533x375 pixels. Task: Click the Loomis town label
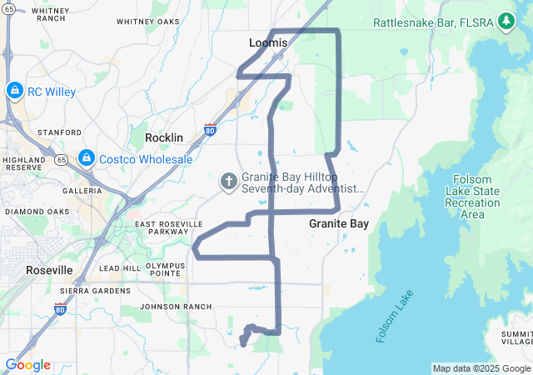click(x=268, y=42)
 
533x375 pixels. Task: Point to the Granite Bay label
click(x=339, y=223)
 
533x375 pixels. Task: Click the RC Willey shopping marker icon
click(x=14, y=90)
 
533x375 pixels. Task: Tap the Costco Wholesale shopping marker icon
click(x=87, y=157)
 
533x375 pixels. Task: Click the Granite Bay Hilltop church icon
click(x=228, y=181)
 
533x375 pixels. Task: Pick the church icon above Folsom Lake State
click(x=463, y=181)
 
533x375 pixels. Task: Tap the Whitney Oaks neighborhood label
click(x=148, y=22)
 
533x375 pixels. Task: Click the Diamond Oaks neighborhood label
click(x=37, y=212)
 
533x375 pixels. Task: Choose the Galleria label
click(x=82, y=190)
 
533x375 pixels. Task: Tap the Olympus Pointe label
click(x=164, y=268)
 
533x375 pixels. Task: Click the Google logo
click(x=27, y=365)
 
